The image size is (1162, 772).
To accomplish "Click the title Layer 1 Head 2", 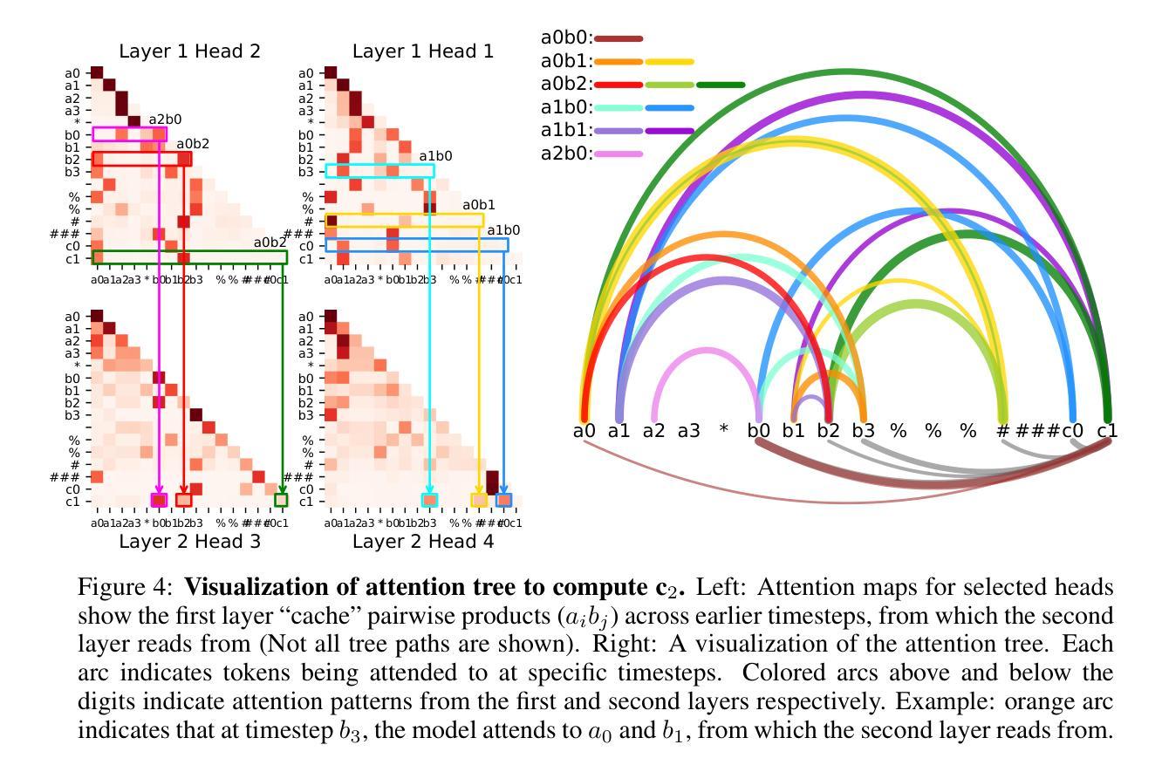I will [x=189, y=51].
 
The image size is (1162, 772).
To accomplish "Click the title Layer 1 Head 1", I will [x=423, y=51].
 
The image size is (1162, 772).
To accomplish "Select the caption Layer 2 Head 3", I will [x=189, y=542].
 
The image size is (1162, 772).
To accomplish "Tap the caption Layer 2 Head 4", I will [x=423, y=542].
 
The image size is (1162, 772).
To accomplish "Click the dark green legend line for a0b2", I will [x=721, y=85].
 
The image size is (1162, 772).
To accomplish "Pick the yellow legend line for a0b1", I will [x=670, y=62].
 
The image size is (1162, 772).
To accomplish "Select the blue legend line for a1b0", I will [x=670, y=108].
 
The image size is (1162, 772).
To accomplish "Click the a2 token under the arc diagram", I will [x=654, y=431].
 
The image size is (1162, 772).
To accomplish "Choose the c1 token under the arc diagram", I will [x=1107, y=431].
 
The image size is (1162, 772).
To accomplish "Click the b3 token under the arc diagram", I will [x=863, y=431].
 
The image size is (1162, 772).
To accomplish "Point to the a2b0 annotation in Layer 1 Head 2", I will [x=164, y=120].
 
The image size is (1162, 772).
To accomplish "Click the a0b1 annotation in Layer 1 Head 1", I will [x=478, y=205].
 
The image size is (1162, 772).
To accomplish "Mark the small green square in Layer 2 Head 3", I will [x=281, y=500].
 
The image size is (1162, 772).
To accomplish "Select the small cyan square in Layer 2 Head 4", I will [x=429, y=500].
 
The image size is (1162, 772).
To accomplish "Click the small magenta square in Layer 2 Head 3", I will [x=159, y=500].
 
